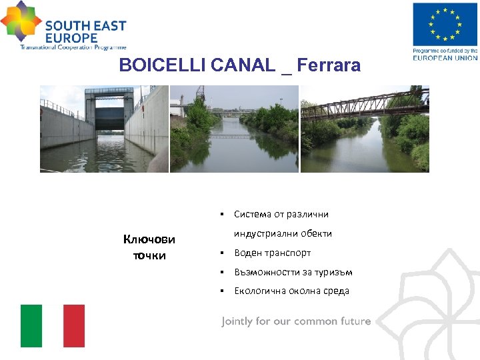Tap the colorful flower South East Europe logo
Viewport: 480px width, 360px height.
[x=21, y=21]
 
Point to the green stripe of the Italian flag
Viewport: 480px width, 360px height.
[x=31, y=326]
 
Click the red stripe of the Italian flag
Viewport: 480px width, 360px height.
[x=74, y=326]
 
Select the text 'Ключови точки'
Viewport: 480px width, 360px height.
[x=149, y=247]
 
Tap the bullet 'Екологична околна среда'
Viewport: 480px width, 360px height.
[x=292, y=291]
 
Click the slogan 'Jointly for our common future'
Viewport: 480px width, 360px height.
[x=296, y=321]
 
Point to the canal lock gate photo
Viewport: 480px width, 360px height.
[x=104, y=129]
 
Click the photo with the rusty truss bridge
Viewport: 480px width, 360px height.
[x=365, y=129]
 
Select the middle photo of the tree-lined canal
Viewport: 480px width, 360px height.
[x=234, y=129]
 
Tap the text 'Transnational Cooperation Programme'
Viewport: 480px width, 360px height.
[x=73, y=47]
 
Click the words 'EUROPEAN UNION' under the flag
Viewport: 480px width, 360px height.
[x=445, y=57]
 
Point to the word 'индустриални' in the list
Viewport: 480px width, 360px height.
[x=262, y=233]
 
